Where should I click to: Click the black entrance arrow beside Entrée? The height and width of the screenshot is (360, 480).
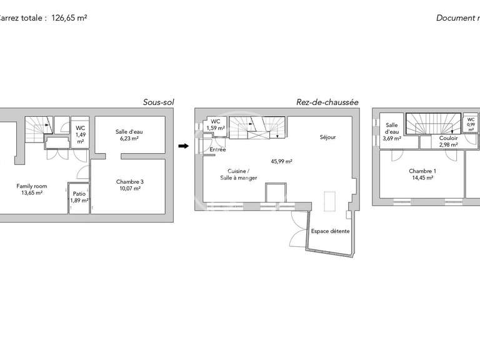point(183,146)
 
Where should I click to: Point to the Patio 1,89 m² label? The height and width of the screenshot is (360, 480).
point(79,197)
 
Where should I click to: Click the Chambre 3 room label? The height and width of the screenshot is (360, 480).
point(129,185)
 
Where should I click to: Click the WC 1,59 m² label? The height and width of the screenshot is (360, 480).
point(215,125)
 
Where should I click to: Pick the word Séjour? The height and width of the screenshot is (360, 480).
point(328,137)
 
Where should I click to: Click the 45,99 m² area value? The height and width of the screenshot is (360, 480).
point(282,161)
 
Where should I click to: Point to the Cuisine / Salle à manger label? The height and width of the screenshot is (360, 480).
point(237,175)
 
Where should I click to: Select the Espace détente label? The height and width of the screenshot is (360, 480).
point(330,231)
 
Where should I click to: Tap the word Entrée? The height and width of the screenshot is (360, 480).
point(217,150)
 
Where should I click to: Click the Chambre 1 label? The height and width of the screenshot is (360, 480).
point(422,174)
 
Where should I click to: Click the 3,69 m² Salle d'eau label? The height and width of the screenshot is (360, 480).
point(392,132)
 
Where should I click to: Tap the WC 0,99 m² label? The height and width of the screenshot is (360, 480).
point(471,124)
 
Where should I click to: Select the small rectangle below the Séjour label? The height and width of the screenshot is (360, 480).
point(329,202)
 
